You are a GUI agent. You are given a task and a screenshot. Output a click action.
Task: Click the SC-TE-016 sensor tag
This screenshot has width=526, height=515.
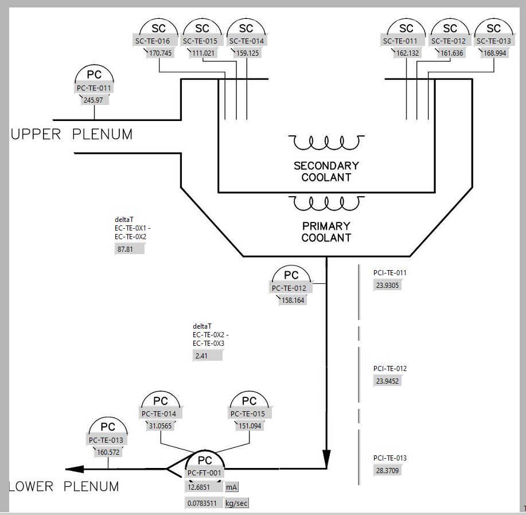152,41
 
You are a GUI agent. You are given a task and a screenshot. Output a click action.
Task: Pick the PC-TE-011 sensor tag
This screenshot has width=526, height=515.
93,88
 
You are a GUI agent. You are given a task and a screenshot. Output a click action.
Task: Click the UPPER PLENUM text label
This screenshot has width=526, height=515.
72,134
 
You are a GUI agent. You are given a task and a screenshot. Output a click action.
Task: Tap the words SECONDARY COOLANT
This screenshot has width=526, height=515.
326,171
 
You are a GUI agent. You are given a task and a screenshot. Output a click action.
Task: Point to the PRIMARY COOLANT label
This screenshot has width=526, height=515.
326,232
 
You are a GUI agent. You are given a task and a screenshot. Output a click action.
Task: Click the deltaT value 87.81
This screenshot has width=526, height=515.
130,249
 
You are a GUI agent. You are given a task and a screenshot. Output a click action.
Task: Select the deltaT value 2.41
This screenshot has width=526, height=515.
207,356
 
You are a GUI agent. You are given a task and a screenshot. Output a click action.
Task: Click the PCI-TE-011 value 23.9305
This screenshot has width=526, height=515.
387,285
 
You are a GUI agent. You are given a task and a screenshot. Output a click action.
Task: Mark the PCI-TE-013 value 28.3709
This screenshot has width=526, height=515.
388,470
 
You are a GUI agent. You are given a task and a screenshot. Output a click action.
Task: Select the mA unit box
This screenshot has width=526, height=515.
231,487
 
